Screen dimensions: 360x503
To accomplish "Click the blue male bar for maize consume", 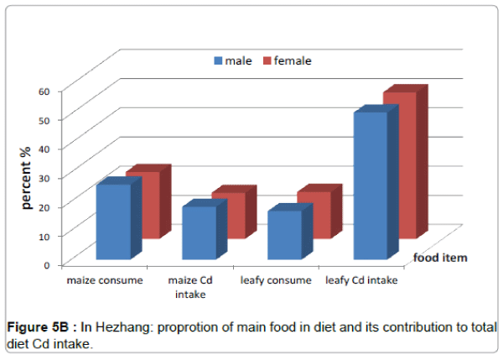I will click(113, 222).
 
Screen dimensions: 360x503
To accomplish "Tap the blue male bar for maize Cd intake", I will click(199, 232).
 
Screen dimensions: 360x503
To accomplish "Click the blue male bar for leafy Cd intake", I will click(370, 185).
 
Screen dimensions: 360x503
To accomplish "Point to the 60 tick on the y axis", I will click(45, 91).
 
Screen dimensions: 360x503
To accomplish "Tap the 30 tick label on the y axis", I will click(45, 177).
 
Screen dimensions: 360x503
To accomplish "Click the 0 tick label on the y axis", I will click(48, 264).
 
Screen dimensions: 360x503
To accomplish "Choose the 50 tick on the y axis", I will click(45, 119).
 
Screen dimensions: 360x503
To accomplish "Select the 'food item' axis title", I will click(439, 258).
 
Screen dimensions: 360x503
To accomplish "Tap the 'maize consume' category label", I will click(106, 280).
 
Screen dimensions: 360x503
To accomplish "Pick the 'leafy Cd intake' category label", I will click(361, 280).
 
